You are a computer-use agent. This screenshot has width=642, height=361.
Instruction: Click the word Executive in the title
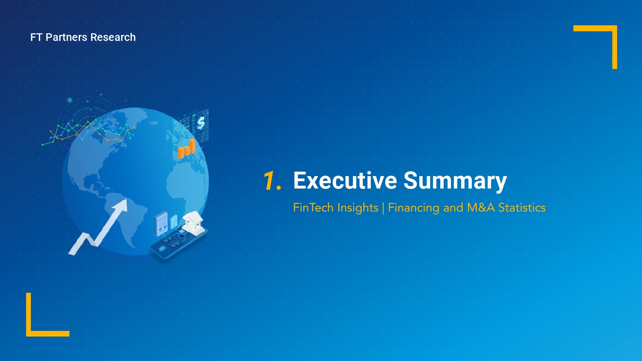click(x=345, y=180)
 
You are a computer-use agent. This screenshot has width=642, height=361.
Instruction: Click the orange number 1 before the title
click(x=269, y=180)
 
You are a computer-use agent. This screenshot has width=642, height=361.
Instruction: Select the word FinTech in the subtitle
click(x=313, y=207)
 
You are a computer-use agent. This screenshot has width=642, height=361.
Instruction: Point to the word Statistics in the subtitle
click(x=522, y=207)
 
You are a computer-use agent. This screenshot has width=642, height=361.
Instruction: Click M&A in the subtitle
click(x=481, y=207)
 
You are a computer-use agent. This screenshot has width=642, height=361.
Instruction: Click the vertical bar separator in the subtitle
click(x=383, y=208)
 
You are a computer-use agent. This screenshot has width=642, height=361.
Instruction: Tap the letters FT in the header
click(x=37, y=37)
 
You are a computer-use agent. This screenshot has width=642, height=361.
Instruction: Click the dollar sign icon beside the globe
click(x=201, y=123)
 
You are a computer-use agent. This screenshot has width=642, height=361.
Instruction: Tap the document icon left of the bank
click(x=161, y=223)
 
